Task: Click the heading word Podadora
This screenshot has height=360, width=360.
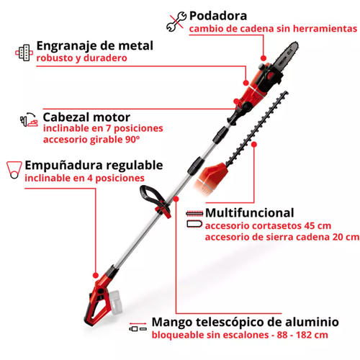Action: tap(218, 16)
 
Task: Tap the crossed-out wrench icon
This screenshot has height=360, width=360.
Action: tap(176, 22)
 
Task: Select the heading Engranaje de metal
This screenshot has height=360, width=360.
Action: tap(94, 46)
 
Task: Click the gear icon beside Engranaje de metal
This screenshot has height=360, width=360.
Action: tap(24, 53)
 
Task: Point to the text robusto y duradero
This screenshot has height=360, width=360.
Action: tap(81, 58)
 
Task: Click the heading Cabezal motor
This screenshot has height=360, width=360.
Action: tap(86, 117)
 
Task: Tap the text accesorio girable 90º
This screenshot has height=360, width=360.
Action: tap(91, 140)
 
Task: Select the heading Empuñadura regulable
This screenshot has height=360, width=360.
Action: tap(94, 166)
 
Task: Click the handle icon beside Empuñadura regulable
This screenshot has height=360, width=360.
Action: tap(14, 169)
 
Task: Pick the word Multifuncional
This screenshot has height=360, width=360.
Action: tap(250, 213)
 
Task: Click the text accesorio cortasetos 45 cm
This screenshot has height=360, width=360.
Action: tap(268, 226)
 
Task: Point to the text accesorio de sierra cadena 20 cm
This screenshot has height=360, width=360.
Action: tap(282, 237)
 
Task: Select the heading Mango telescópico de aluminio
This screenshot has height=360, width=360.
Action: tap(245, 322)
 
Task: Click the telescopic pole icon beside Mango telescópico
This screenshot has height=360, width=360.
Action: tap(138, 327)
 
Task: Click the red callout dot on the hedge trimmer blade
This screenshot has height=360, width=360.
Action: tap(254, 144)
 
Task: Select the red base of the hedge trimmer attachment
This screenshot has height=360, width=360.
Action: tap(211, 177)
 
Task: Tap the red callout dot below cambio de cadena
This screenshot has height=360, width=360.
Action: tap(264, 58)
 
